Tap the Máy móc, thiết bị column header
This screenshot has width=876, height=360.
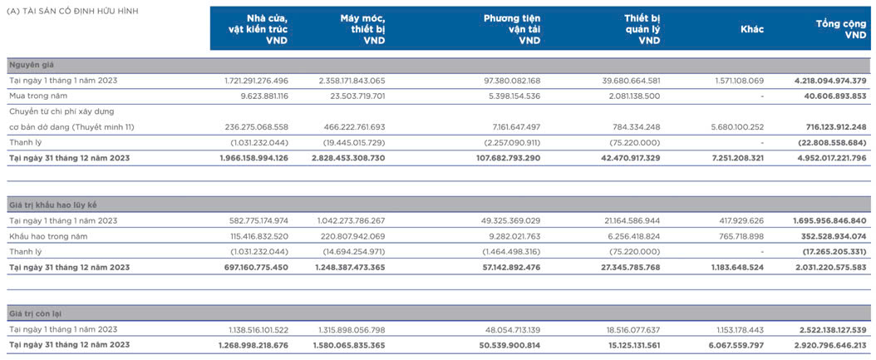[x=362, y=29]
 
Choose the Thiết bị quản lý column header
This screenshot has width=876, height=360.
[x=642, y=29]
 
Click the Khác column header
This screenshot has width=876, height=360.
[x=752, y=29]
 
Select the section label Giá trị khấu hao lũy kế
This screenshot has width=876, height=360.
[x=55, y=205]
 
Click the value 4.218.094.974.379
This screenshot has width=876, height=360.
[x=830, y=81]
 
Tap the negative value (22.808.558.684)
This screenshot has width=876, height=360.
[x=829, y=142]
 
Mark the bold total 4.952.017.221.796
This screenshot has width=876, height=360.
[x=829, y=158]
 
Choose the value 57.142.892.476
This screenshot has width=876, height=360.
[x=509, y=267]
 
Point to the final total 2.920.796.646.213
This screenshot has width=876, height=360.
[x=829, y=346]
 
